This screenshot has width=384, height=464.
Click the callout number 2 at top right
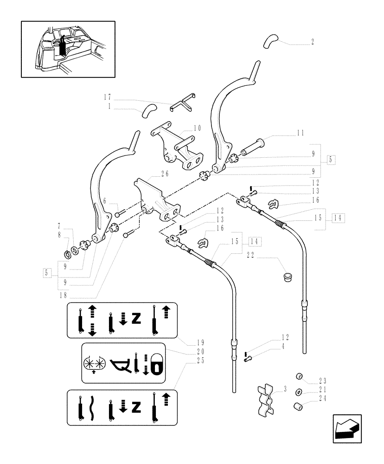tap(313, 42)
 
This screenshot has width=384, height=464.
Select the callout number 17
tap(108, 97)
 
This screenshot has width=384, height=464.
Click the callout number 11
tap(301, 133)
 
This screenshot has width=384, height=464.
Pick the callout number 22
tap(250, 255)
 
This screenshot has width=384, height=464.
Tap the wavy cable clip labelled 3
tap(265, 398)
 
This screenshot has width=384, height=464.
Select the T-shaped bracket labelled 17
tap(182, 103)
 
